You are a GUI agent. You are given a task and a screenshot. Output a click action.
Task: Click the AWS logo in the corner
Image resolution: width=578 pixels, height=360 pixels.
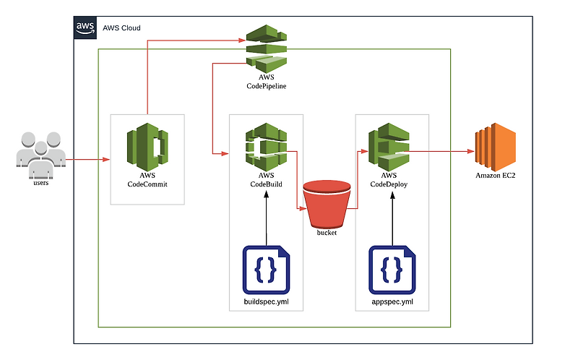(x=85, y=27)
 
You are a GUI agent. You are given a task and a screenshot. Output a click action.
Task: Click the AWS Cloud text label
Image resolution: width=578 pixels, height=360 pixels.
(x=121, y=28)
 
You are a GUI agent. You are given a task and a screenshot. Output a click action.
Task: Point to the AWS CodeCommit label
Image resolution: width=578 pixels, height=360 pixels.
(x=147, y=180)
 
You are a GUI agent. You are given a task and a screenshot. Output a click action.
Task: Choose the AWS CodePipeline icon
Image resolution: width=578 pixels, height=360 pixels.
(x=266, y=46)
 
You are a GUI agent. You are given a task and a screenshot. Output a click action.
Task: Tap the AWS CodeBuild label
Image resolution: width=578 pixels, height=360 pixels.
(x=266, y=180)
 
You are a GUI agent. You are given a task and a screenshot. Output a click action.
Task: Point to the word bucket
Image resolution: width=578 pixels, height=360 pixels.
(x=327, y=232)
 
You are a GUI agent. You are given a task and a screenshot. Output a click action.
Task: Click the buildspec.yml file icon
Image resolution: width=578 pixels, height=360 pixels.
(x=266, y=269)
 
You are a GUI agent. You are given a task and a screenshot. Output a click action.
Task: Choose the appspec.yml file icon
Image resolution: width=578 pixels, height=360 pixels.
(x=392, y=269)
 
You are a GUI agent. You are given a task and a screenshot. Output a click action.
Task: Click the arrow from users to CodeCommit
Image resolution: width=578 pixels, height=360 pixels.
(x=87, y=158)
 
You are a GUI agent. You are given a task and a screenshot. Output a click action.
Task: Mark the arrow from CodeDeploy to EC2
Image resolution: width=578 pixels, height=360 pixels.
(x=441, y=152)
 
